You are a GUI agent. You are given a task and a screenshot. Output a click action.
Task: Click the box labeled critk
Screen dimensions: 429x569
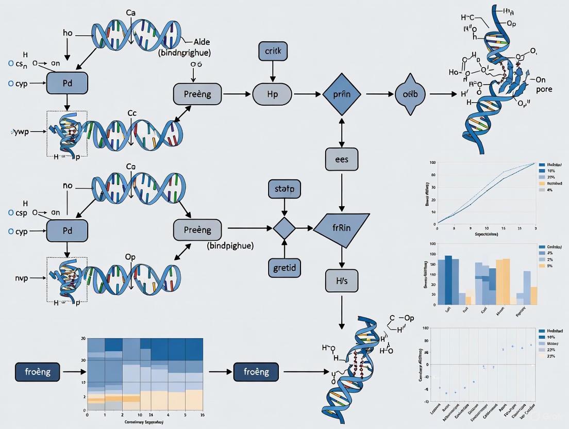point(272,52)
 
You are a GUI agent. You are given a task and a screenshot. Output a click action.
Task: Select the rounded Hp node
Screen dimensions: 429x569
point(272,95)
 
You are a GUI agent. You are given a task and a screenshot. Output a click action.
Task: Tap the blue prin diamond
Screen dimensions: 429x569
point(342,95)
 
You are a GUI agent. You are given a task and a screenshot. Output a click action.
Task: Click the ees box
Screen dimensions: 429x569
point(341,159)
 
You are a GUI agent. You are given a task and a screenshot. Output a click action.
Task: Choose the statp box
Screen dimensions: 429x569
point(284,189)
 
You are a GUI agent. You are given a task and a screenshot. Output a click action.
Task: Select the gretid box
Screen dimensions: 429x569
point(284,267)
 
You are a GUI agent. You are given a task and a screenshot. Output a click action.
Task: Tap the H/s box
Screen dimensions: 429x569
point(341,280)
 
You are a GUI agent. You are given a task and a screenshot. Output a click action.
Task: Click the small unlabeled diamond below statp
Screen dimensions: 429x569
point(284,227)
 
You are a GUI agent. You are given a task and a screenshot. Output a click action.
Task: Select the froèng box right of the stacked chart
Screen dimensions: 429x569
point(256,371)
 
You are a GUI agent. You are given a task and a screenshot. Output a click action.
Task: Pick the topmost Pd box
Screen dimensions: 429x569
point(67,82)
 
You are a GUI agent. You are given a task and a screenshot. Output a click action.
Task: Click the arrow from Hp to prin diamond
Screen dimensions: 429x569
point(307,95)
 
